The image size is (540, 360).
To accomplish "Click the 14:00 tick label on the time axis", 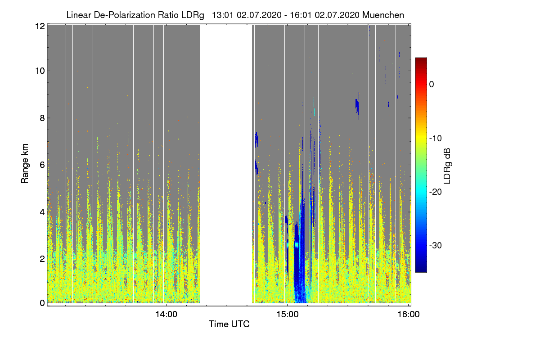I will tap(166, 315).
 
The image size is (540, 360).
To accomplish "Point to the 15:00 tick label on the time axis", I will tap(288, 315).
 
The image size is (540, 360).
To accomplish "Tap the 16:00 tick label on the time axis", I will tap(408, 315).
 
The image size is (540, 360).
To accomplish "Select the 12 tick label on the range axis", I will tap(40, 26).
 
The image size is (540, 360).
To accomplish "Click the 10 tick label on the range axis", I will tap(40, 71).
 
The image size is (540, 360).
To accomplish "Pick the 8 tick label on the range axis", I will tap(42, 118).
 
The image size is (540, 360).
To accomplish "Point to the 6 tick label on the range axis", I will tap(42, 165).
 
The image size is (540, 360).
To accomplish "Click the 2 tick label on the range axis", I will tap(42, 258).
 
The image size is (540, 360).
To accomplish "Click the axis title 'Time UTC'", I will tap(229, 324).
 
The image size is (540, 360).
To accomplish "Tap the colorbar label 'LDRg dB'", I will tap(447, 166).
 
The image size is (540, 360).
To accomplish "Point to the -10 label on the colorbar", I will tap(435, 138).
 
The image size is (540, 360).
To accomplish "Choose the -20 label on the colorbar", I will tap(435, 192).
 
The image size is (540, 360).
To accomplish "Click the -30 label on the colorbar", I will tap(435, 246).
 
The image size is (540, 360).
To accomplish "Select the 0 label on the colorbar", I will tap(431, 85).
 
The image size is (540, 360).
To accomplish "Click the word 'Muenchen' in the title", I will tap(383, 15).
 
